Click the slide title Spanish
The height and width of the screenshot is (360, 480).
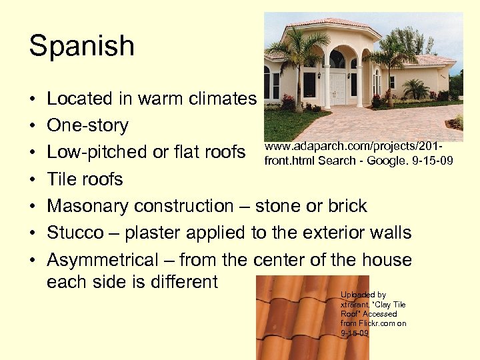point(81,47)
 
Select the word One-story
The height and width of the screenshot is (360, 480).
point(87,125)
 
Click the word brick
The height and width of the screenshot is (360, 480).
point(347,206)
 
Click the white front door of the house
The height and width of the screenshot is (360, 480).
point(338,89)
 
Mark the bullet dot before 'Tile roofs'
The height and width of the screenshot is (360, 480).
point(33,180)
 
